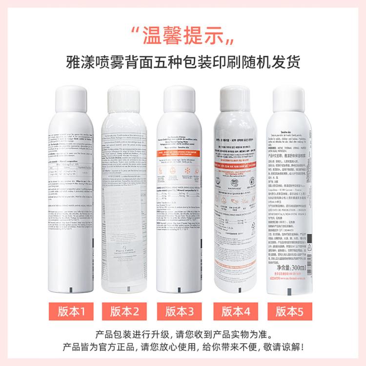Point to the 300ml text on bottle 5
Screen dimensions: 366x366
tap(299, 267)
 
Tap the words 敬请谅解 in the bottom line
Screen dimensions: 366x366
tap(282, 348)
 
